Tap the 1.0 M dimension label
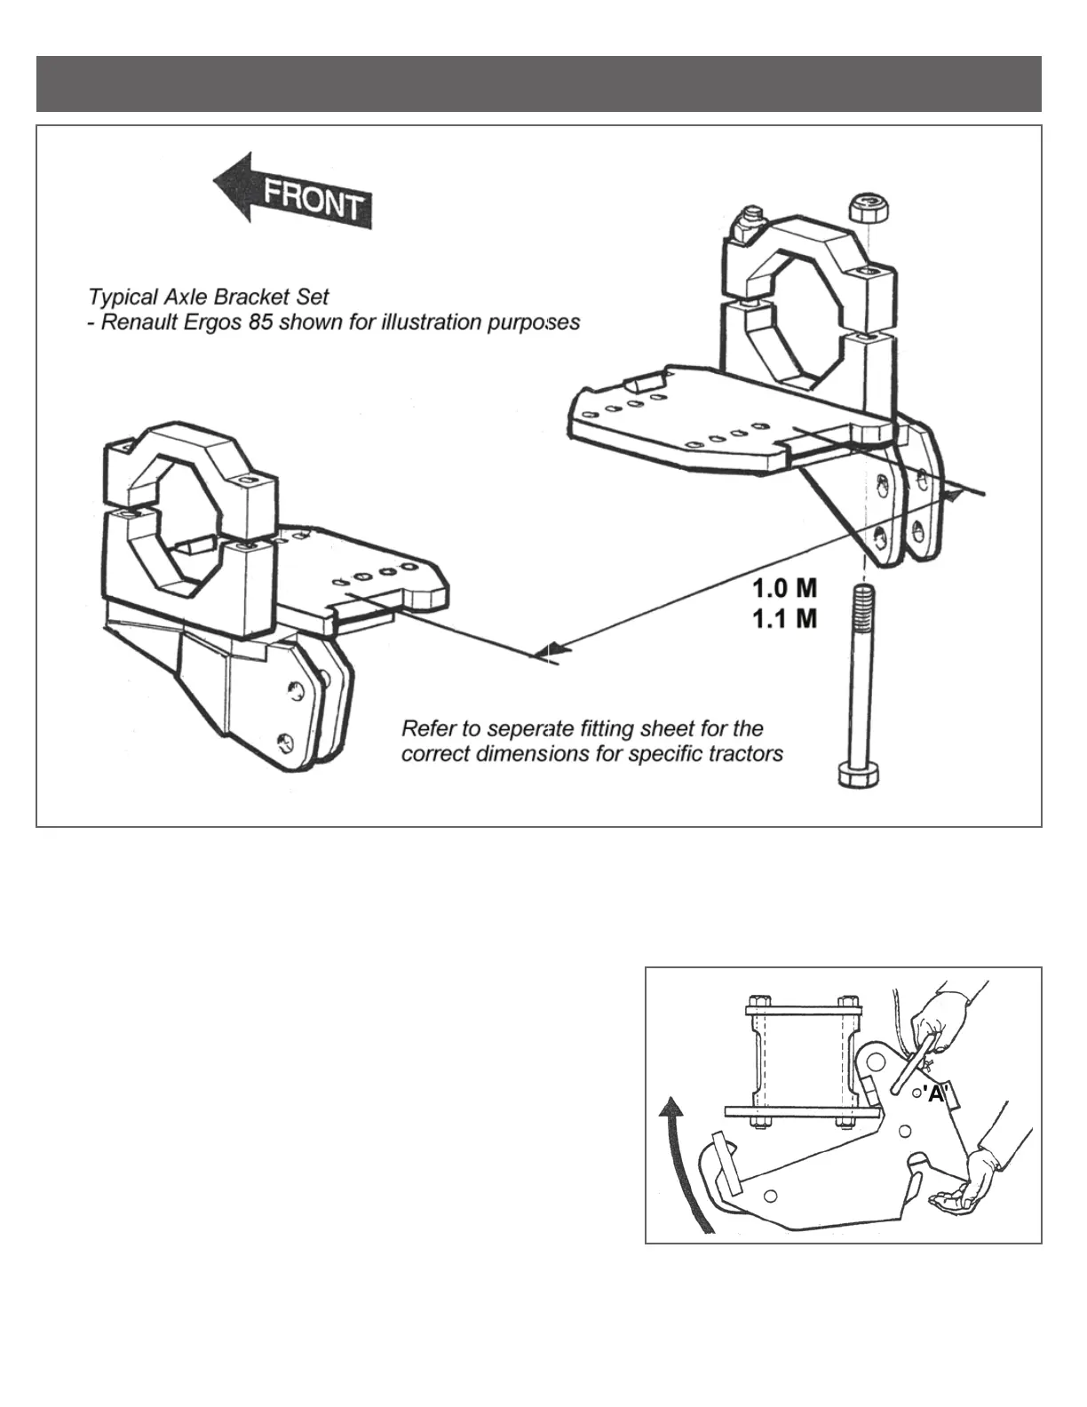tap(784, 588)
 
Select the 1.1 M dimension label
tap(784, 619)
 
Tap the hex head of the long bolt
tap(859, 774)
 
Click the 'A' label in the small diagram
tap(935, 1094)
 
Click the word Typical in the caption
tap(120, 297)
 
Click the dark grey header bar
tap(538, 84)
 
